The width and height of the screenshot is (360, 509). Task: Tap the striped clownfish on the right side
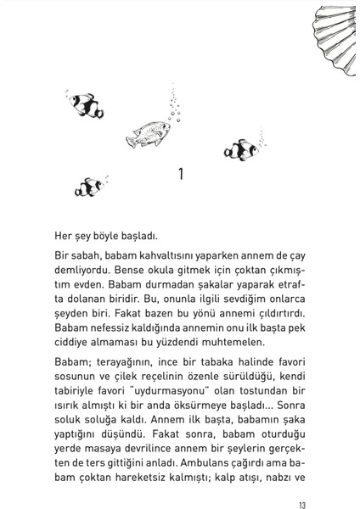click(242, 149)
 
